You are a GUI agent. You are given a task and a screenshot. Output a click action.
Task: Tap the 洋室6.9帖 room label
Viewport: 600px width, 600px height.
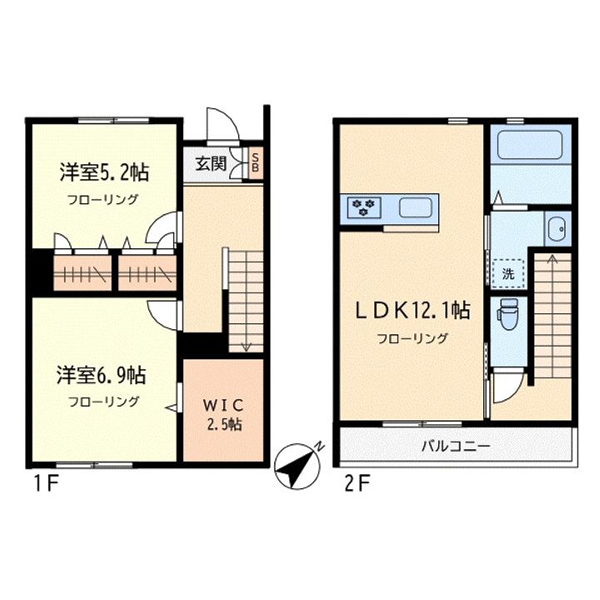(102, 375)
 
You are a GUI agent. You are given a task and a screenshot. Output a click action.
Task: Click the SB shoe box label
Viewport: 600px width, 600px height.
(256, 162)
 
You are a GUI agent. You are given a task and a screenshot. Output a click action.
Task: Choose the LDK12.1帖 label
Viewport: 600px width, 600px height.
(413, 312)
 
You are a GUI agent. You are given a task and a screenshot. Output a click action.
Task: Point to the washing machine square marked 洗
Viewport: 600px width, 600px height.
(507, 272)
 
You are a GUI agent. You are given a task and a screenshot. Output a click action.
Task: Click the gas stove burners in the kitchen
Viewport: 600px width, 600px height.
(362, 207)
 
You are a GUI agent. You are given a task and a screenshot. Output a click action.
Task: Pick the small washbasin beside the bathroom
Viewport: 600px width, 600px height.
(557, 226)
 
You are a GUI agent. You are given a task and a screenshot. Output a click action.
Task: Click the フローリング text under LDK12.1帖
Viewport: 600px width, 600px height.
(413, 338)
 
